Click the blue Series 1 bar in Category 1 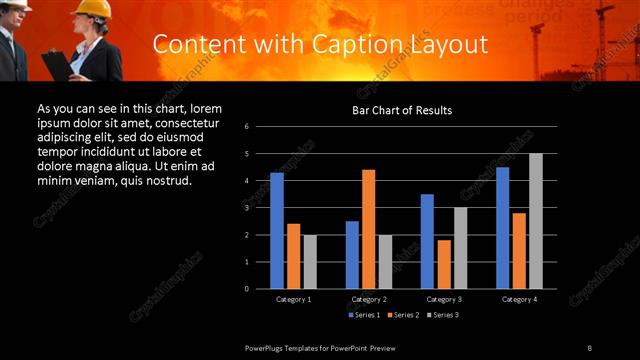pos(277,231)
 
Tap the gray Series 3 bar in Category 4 pos(535,221)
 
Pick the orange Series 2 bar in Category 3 pos(444,264)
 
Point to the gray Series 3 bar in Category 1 pos(310,262)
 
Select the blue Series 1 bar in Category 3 pos(427,241)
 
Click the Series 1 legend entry pos(365,315)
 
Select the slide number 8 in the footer pos(589,347)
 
